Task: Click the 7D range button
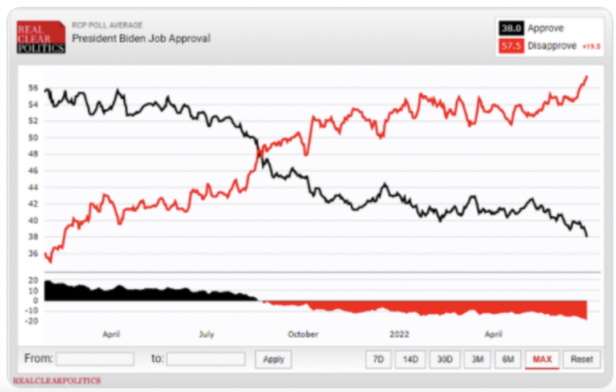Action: click(378, 359)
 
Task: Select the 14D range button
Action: click(411, 359)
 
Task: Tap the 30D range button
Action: click(444, 359)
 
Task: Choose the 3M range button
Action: click(477, 359)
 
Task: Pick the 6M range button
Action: click(508, 359)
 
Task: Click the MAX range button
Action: click(542, 359)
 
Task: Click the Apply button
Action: click(274, 359)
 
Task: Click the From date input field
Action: click(95, 359)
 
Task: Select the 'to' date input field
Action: click(206, 359)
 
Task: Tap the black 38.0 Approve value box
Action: click(511, 29)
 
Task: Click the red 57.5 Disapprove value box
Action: click(511, 46)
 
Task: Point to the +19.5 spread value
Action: click(591, 47)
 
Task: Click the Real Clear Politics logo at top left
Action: click(40, 37)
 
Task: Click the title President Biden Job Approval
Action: click(141, 39)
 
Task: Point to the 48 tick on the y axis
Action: click(33, 154)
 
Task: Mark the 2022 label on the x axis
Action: click(399, 334)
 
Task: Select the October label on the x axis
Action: click(303, 334)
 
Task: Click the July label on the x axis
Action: click(206, 334)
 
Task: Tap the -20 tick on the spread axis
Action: click(32, 321)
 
